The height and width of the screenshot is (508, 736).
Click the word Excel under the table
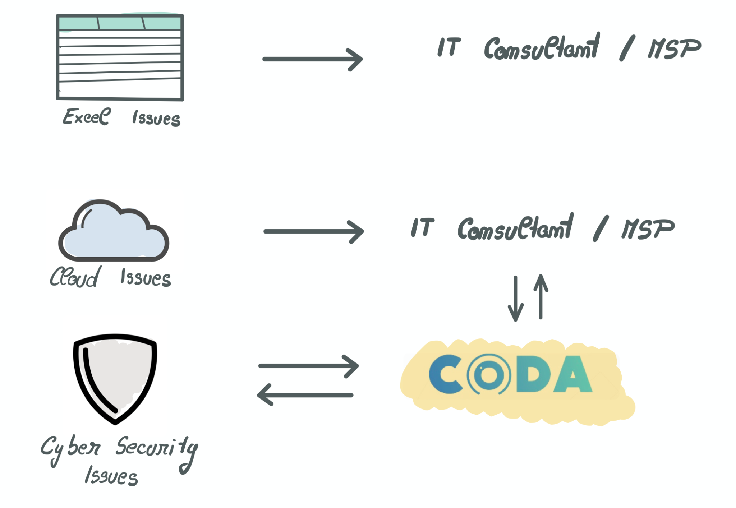pyautogui.click(x=87, y=117)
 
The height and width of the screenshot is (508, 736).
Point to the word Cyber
pyautogui.click(x=70, y=448)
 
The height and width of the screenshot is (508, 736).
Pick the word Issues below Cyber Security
pyautogui.click(x=111, y=476)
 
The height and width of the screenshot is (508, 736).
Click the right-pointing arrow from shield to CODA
pyautogui.click(x=308, y=366)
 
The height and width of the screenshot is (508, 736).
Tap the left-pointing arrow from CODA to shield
pyautogui.click(x=305, y=395)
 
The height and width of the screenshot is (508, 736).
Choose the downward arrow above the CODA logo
pyautogui.click(x=516, y=298)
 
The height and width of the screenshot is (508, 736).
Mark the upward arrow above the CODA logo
pyautogui.click(x=540, y=296)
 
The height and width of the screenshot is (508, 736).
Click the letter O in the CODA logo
pyautogui.click(x=489, y=374)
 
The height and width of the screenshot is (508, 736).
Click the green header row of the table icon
pyautogui.click(x=120, y=23)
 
